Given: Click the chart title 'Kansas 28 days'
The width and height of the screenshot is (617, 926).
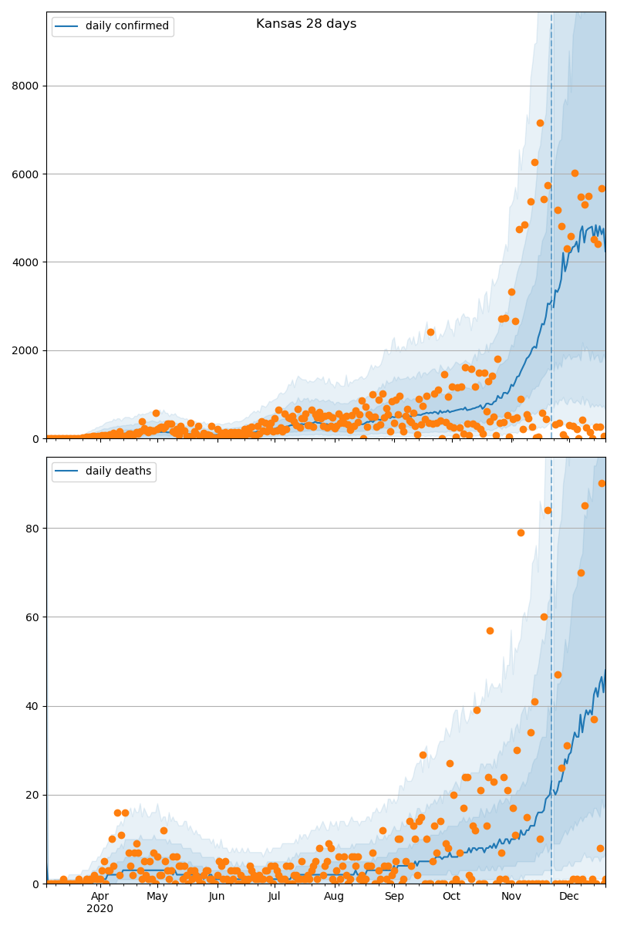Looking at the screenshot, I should (x=306, y=24).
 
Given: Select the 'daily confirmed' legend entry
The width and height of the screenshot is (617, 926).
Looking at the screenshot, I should (x=126, y=26).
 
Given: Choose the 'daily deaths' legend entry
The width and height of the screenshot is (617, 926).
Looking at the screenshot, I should (x=118, y=471).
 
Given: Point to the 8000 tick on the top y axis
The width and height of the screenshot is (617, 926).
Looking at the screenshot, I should (x=27, y=86).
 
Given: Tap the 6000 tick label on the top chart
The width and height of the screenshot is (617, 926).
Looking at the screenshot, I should (x=27, y=174).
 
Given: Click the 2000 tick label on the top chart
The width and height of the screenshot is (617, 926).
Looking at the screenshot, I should (x=27, y=350).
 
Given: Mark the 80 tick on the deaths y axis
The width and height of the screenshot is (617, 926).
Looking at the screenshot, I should (x=33, y=529).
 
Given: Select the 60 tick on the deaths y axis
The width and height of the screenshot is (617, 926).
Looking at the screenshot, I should (x=33, y=617).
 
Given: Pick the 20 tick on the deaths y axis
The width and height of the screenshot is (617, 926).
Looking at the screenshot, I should (x=33, y=795).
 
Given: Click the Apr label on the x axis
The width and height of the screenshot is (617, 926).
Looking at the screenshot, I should (x=99, y=896).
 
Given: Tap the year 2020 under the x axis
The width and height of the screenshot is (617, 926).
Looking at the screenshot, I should (x=99, y=908).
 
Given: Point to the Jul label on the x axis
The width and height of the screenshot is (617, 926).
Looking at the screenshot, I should (x=274, y=896).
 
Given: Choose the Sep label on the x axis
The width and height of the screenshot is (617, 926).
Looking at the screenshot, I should (x=394, y=896).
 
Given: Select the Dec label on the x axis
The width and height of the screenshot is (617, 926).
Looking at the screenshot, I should (x=569, y=896).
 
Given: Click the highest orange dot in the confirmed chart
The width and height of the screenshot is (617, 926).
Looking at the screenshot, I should (x=540, y=123).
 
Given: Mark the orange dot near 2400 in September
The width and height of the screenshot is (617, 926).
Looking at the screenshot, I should (x=430, y=332).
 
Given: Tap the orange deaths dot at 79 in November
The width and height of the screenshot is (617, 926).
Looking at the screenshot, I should (x=521, y=532).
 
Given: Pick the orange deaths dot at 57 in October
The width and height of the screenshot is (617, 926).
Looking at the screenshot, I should (x=490, y=630).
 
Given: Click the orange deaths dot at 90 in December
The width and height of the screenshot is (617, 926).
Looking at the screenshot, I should (x=602, y=483).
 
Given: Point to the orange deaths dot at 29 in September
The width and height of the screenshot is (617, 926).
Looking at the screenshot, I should (x=423, y=755).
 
